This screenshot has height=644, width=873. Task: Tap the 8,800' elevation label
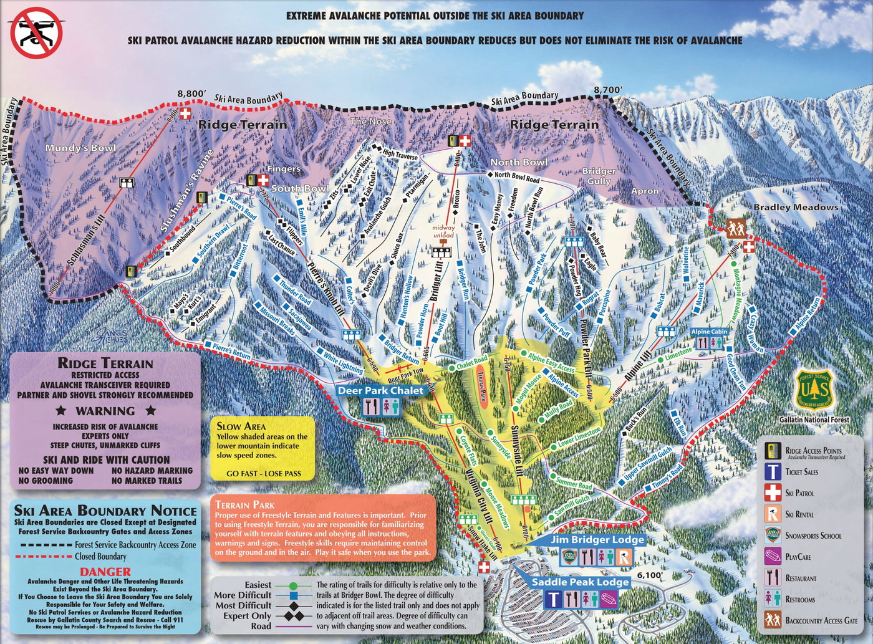pyautogui.click(x=191, y=94)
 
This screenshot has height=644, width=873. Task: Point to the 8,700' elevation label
pyautogui.click(x=607, y=90)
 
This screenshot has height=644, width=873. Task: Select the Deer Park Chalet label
pyautogui.click(x=380, y=391)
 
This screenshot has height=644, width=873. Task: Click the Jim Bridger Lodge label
pyautogui.click(x=597, y=540)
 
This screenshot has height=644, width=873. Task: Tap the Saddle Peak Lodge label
pyautogui.click(x=580, y=582)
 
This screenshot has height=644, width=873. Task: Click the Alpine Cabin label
pyautogui.click(x=709, y=332)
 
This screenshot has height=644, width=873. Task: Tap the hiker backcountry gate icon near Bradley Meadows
pyautogui.click(x=735, y=228)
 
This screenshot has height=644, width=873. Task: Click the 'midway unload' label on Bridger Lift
pyautogui.click(x=444, y=231)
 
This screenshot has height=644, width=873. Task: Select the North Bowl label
pyautogui.click(x=519, y=162)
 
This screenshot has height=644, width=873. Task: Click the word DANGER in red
pyautogui.click(x=105, y=572)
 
